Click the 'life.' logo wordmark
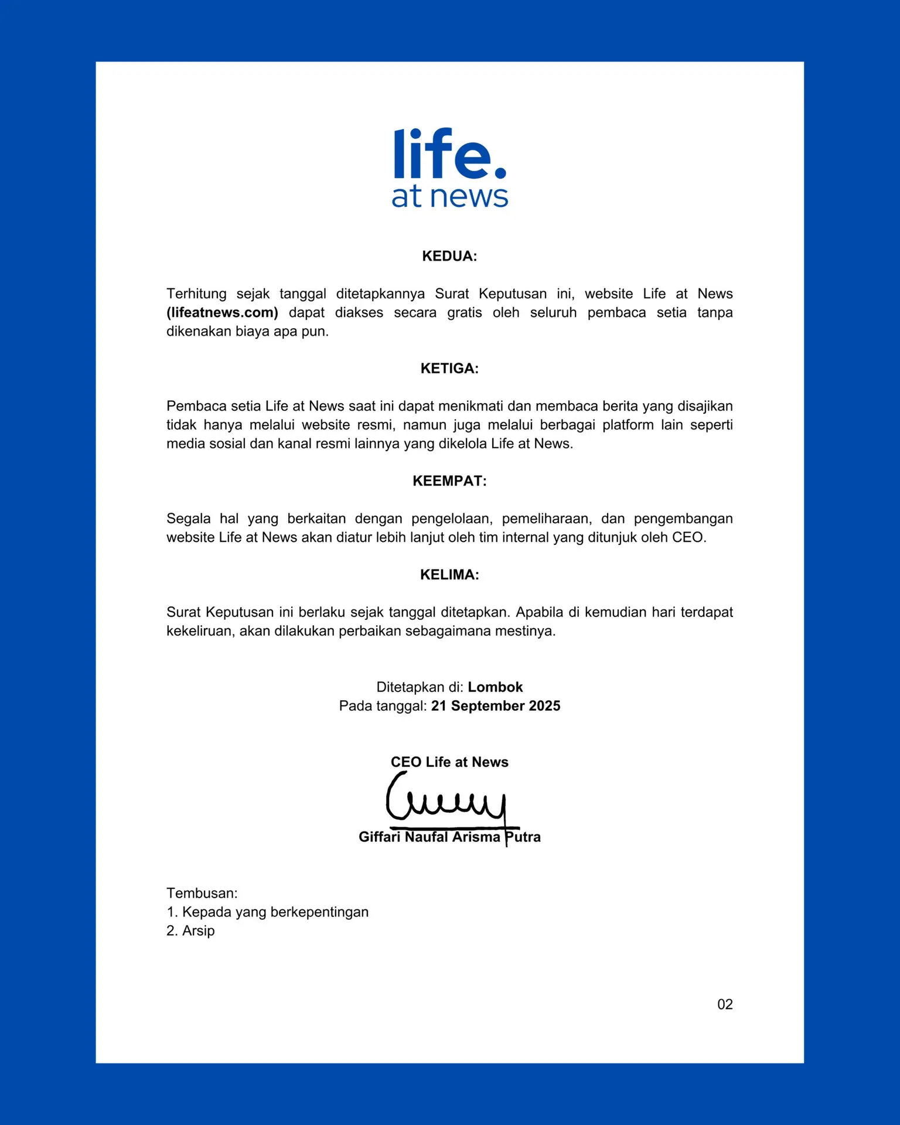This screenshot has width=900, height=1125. point(449,154)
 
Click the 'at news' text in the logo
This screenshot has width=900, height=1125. point(449,197)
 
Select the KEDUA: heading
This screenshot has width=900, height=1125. point(449,256)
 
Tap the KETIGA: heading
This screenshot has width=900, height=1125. point(449,369)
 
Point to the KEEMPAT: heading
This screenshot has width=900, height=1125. point(449,481)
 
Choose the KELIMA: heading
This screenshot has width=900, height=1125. point(449,575)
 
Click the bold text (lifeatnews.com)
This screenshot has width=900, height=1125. point(222,312)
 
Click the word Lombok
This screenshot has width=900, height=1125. point(495,687)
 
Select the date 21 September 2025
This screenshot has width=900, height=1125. point(496,705)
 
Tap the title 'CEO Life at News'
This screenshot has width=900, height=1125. point(449,762)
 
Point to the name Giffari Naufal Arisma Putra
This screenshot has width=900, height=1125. point(449,837)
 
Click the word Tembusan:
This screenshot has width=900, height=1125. point(202,893)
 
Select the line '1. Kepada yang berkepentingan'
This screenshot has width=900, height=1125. point(267,912)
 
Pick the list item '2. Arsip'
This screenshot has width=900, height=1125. point(190,930)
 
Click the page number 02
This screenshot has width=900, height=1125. point(725,1004)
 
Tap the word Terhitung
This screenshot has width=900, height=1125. point(196,294)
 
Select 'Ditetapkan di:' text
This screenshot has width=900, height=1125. point(420,687)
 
